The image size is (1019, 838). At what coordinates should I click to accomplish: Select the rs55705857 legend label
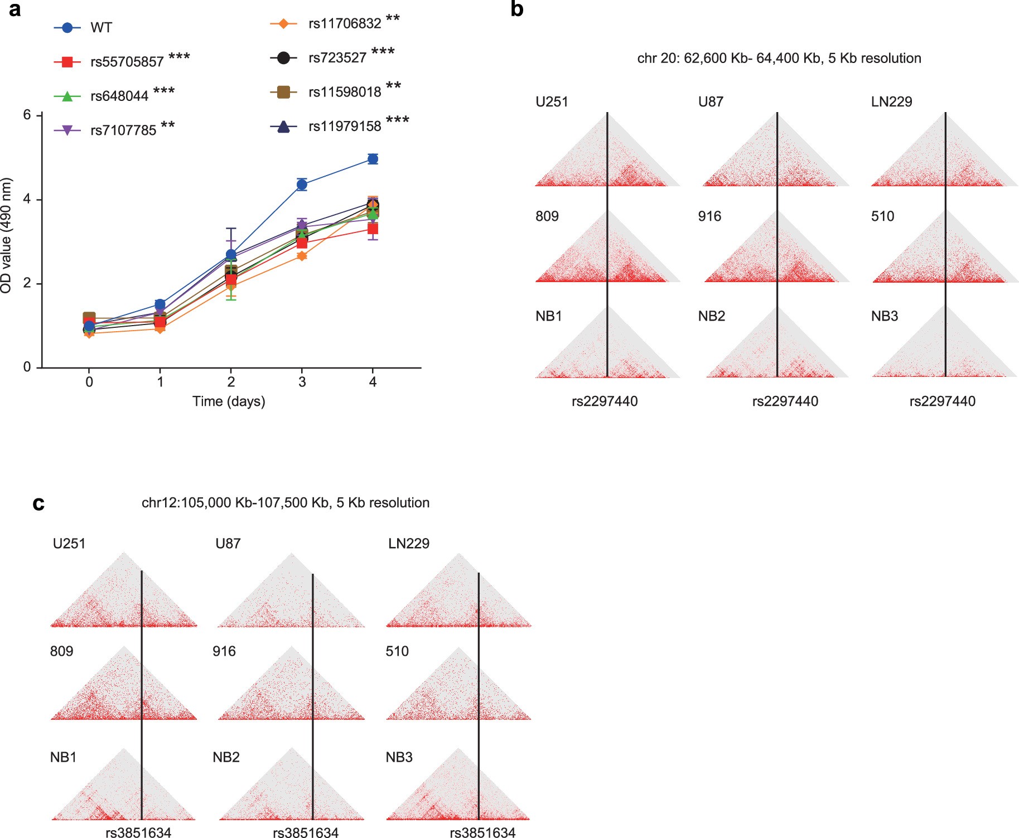[x=127, y=62]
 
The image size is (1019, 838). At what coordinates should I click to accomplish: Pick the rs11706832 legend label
[x=345, y=24]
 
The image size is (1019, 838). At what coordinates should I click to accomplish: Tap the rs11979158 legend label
[x=345, y=127]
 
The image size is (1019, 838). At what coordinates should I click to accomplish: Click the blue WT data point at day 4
[x=373, y=159]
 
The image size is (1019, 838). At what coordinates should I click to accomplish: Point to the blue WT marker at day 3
[x=302, y=185]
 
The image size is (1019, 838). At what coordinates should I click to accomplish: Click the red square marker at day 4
[x=373, y=229]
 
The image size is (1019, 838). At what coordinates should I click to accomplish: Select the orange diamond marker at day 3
[x=302, y=256]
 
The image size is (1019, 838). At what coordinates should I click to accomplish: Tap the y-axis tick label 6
[x=27, y=115]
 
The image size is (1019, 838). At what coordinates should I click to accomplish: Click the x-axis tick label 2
[x=231, y=382]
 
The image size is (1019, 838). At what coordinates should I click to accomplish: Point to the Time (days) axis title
[x=229, y=401]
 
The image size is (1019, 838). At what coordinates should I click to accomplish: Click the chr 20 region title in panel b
[x=779, y=59]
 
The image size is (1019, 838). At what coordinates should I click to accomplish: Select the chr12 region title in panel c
[x=286, y=503]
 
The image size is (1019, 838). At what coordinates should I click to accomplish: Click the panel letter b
[x=516, y=9]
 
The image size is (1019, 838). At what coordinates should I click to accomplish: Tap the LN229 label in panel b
[x=891, y=102]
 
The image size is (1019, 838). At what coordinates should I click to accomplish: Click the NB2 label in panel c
[x=226, y=757]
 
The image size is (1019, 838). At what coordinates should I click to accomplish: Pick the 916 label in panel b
[x=709, y=216]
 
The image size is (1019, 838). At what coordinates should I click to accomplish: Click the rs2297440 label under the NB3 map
[x=942, y=401]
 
